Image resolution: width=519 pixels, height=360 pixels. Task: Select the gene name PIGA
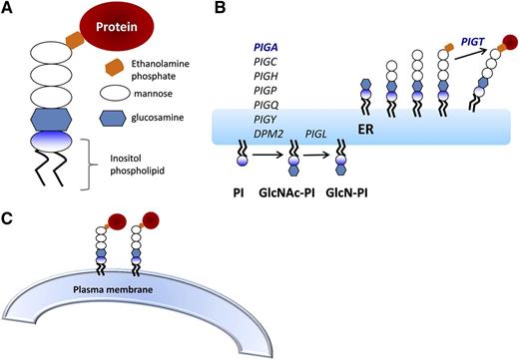click(x=245, y=48)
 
